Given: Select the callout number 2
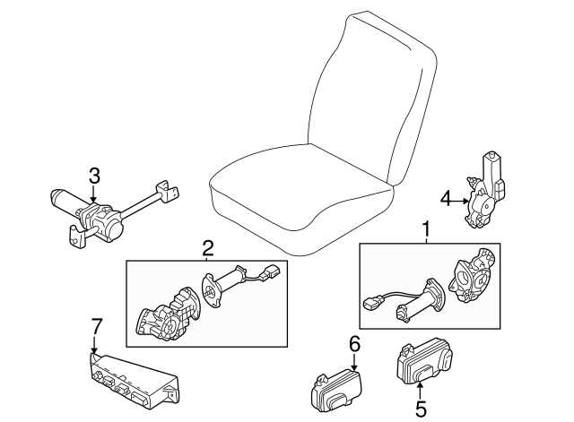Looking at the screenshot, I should [207, 248].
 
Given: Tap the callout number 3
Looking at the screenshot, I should [93, 175].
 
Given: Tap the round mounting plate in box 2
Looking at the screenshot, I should [211, 293].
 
